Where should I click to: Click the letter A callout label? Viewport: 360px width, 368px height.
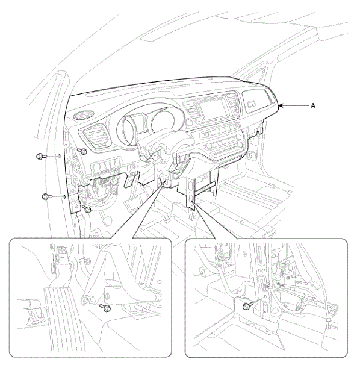click(x=312, y=105)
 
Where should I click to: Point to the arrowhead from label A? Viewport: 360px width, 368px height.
click(x=281, y=105)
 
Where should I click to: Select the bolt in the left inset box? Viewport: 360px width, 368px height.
click(x=105, y=307)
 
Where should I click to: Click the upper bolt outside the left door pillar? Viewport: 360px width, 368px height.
click(x=42, y=156)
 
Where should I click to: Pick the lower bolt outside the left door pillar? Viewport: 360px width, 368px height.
click(x=48, y=196)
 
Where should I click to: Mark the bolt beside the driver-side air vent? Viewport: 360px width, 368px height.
click(x=82, y=151)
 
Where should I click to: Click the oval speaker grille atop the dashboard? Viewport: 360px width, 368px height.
click(x=84, y=115)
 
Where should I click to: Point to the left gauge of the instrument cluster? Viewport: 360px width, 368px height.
click(x=128, y=129)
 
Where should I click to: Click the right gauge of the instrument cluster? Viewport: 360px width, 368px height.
click(x=164, y=122)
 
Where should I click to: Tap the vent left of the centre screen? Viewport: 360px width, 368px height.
click(x=191, y=111)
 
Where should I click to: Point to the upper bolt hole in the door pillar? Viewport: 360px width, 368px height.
click(x=60, y=156)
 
